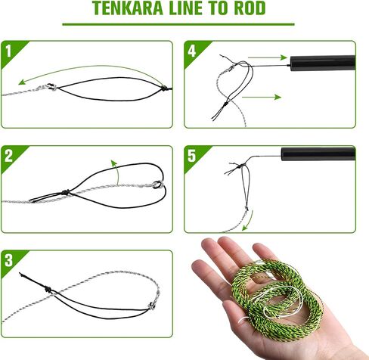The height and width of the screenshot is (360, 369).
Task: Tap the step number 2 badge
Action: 8,157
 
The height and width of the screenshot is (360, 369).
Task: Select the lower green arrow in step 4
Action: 264,97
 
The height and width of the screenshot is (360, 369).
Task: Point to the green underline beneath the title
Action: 184,24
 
